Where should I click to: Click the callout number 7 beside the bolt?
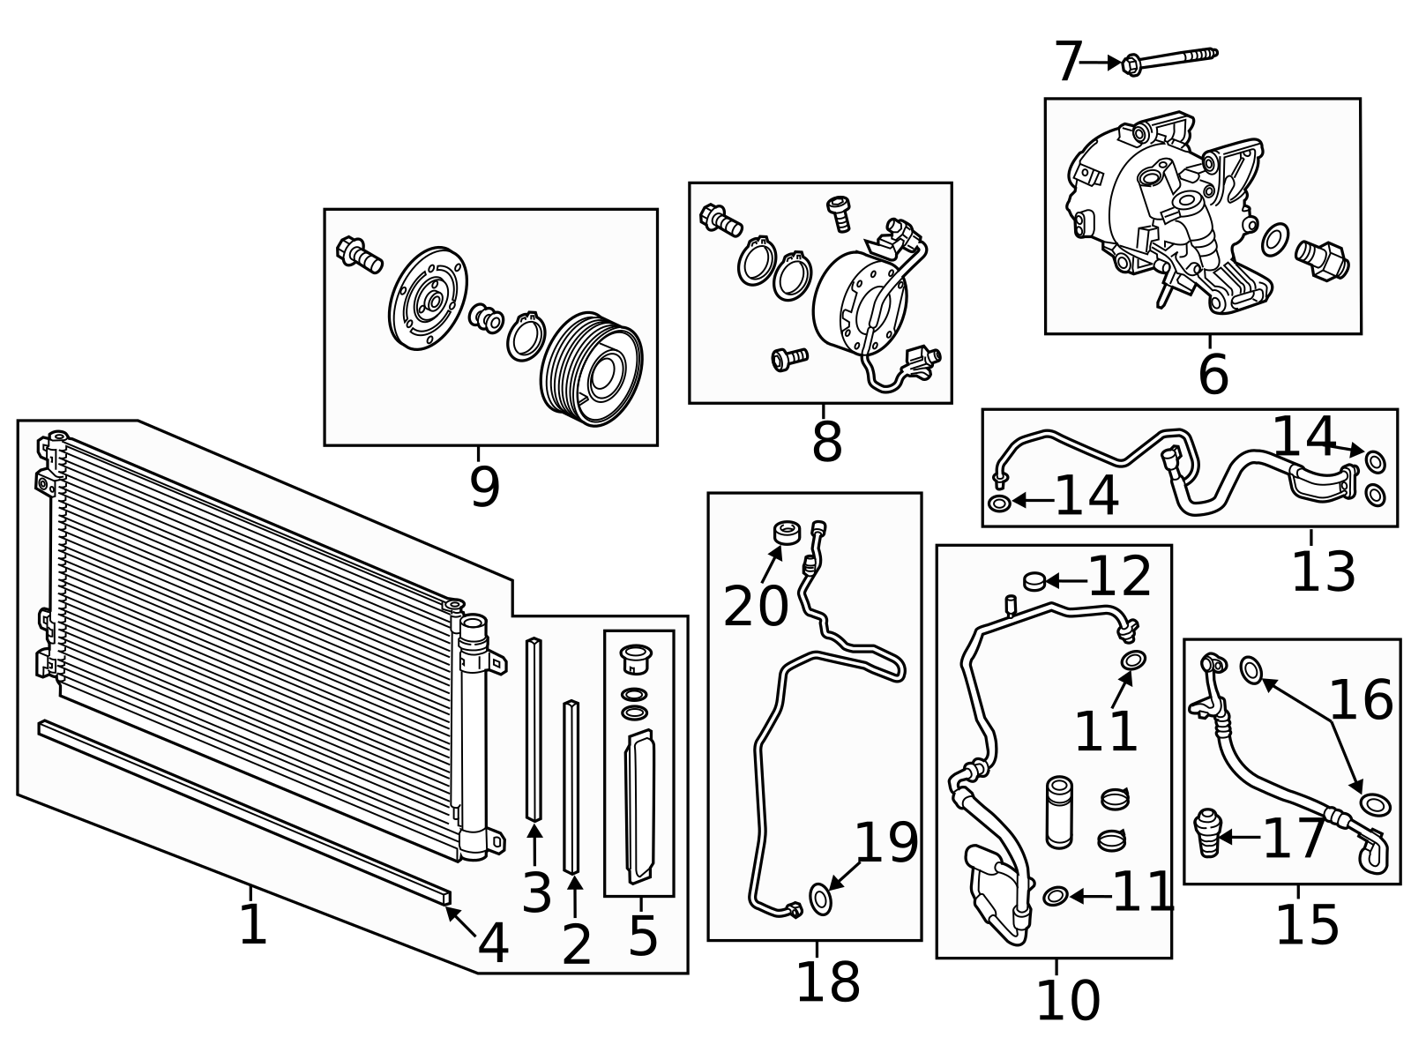coord(1067,63)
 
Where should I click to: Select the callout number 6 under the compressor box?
coord(1213,374)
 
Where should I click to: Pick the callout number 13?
coord(1323,572)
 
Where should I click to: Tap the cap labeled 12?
coord(1034,580)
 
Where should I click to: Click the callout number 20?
coord(756,607)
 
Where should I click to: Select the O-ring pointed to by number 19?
coord(820,899)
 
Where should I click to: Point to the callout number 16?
coord(1361,701)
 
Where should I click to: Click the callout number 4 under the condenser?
coord(493,944)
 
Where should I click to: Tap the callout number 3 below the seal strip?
coord(536,892)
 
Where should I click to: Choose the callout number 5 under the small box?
coord(643,935)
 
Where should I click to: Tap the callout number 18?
coord(827,981)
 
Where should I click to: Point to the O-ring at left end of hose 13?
coord(999,503)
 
